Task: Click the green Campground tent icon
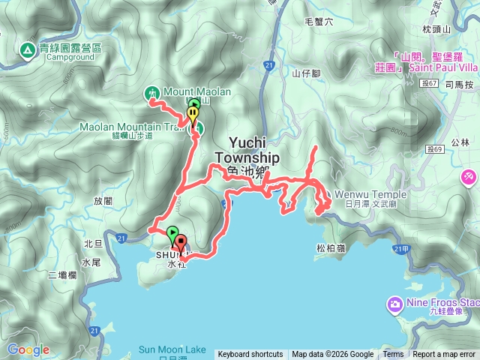click(27, 50)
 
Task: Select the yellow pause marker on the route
click(193, 115)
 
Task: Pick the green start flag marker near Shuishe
click(172, 234)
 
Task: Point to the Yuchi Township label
click(247, 152)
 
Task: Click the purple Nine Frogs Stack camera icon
click(394, 304)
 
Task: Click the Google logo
click(28, 349)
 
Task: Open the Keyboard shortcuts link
click(250, 355)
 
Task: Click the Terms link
click(393, 355)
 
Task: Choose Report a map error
click(445, 355)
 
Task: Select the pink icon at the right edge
click(470, 176)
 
